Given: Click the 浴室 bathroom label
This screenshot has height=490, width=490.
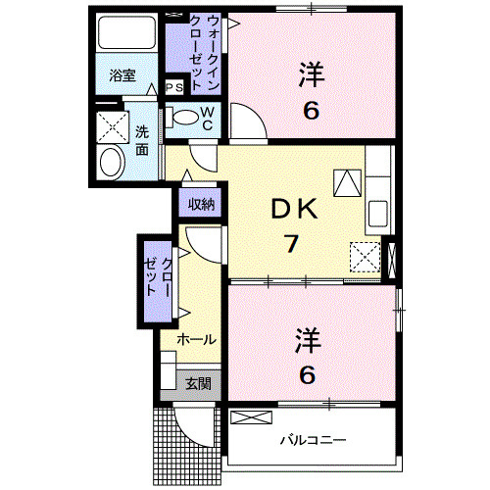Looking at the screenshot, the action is [x=122, y=75].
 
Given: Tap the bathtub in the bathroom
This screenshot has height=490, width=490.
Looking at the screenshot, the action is [x=126, y=32].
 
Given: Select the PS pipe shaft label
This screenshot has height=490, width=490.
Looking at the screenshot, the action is [x=174, y=87].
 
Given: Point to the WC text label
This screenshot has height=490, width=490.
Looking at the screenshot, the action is [x=208, y=119].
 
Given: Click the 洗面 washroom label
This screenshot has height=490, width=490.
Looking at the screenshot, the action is [x=142, y=141].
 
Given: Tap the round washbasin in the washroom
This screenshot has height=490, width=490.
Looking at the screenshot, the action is [x=112, y=163].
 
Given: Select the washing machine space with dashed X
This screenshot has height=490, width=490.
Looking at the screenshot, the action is [x=113, y=127].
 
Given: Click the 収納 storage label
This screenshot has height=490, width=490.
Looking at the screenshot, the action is [x=201, y=205].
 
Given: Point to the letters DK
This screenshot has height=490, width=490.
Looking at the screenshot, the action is [x=295, y=210].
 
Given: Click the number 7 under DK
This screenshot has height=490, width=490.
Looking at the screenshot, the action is [x=291, y=244].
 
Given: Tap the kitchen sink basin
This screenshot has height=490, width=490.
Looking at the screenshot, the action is [x=378, y=214].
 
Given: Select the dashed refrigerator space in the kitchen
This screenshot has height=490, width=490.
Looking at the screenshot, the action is [x=366, y=257].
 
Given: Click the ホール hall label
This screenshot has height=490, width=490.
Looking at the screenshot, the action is [x=197, y=340].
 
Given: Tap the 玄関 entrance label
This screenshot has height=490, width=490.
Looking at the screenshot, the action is [x=198, y=384].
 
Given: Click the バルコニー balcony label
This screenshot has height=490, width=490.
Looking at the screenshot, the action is [x=313, y=440].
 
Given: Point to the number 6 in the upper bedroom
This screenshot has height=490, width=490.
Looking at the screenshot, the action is [x=311, y=111].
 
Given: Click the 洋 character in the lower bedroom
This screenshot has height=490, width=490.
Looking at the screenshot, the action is [x=308, y=341].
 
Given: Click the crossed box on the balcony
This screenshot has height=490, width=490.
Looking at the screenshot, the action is [x=251, y=417].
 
